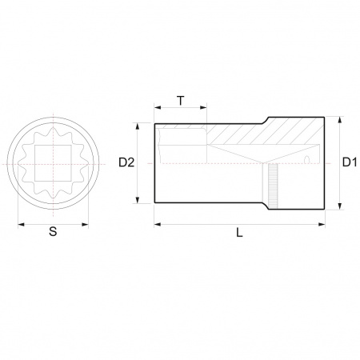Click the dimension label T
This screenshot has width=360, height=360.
pos(181,101)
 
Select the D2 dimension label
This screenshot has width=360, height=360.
pos(126,162)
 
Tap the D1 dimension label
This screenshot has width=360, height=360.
pos(350,162)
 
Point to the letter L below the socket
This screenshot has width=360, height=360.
pos(239,233)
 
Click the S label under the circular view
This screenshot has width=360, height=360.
pos(53,231)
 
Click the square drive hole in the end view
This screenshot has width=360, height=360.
pos(53,163)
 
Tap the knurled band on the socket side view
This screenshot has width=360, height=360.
pos(273,186)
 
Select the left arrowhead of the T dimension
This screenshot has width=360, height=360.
pos(158,107)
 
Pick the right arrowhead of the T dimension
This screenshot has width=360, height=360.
pos(203,107)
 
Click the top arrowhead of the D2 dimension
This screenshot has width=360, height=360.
pos(138,126)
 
